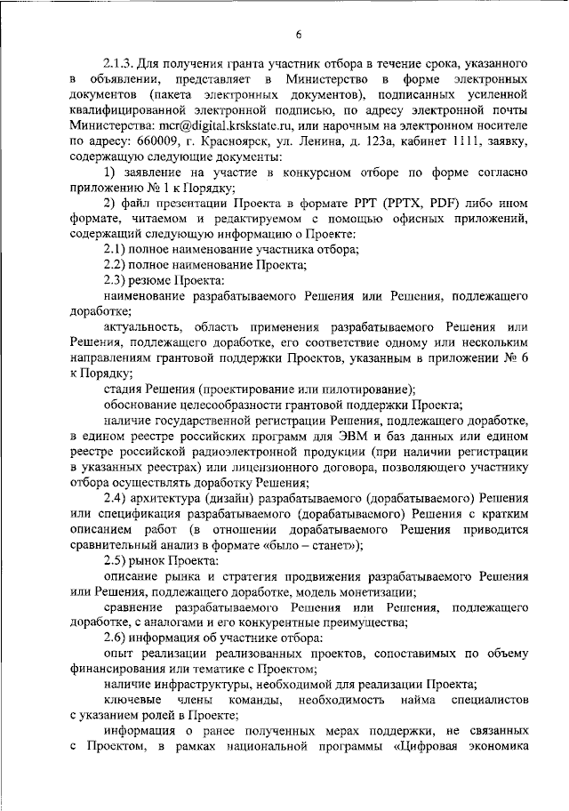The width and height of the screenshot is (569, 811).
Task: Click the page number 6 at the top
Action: tap(299, 35)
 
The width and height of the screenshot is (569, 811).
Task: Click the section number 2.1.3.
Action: tap(118, 66)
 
